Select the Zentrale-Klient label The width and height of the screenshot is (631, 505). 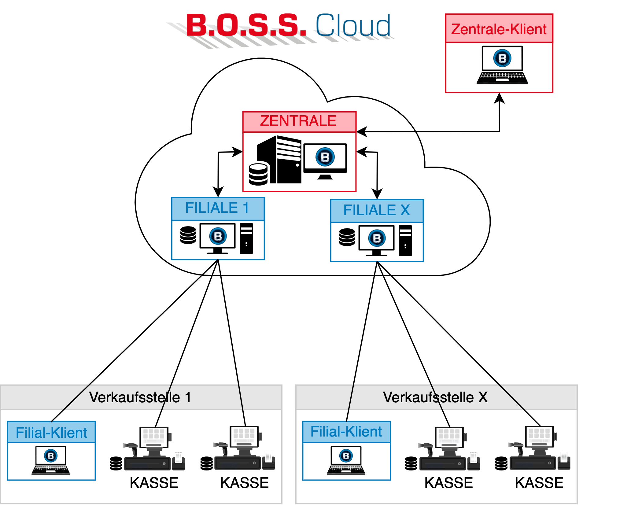[499, 29]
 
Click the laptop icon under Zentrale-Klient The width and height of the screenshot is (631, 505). [502, 65]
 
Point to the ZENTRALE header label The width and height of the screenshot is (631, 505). [298, 121]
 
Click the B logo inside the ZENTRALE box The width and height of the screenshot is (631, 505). [325, 157]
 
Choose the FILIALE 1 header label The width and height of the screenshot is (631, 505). [217, 208]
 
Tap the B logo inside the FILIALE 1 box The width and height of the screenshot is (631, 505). [218, 236]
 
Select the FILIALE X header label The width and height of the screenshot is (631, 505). [377, 210]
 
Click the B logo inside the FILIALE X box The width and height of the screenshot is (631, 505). [377, 238]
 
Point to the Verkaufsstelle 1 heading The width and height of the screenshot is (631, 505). [140, 397]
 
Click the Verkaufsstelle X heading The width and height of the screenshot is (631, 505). [435, 397]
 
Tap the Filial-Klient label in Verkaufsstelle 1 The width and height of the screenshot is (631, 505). [51, 433]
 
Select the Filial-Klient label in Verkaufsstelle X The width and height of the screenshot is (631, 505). [346, 432]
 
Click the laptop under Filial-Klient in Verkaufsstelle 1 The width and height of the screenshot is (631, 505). [51, 460]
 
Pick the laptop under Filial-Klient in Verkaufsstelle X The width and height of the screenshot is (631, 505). [346, 460]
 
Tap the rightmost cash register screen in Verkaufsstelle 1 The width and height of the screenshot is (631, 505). [244, 437]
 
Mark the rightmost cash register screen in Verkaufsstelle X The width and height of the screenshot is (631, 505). [539, 437]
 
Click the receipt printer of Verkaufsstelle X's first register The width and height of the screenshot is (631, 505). [474, 459]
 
